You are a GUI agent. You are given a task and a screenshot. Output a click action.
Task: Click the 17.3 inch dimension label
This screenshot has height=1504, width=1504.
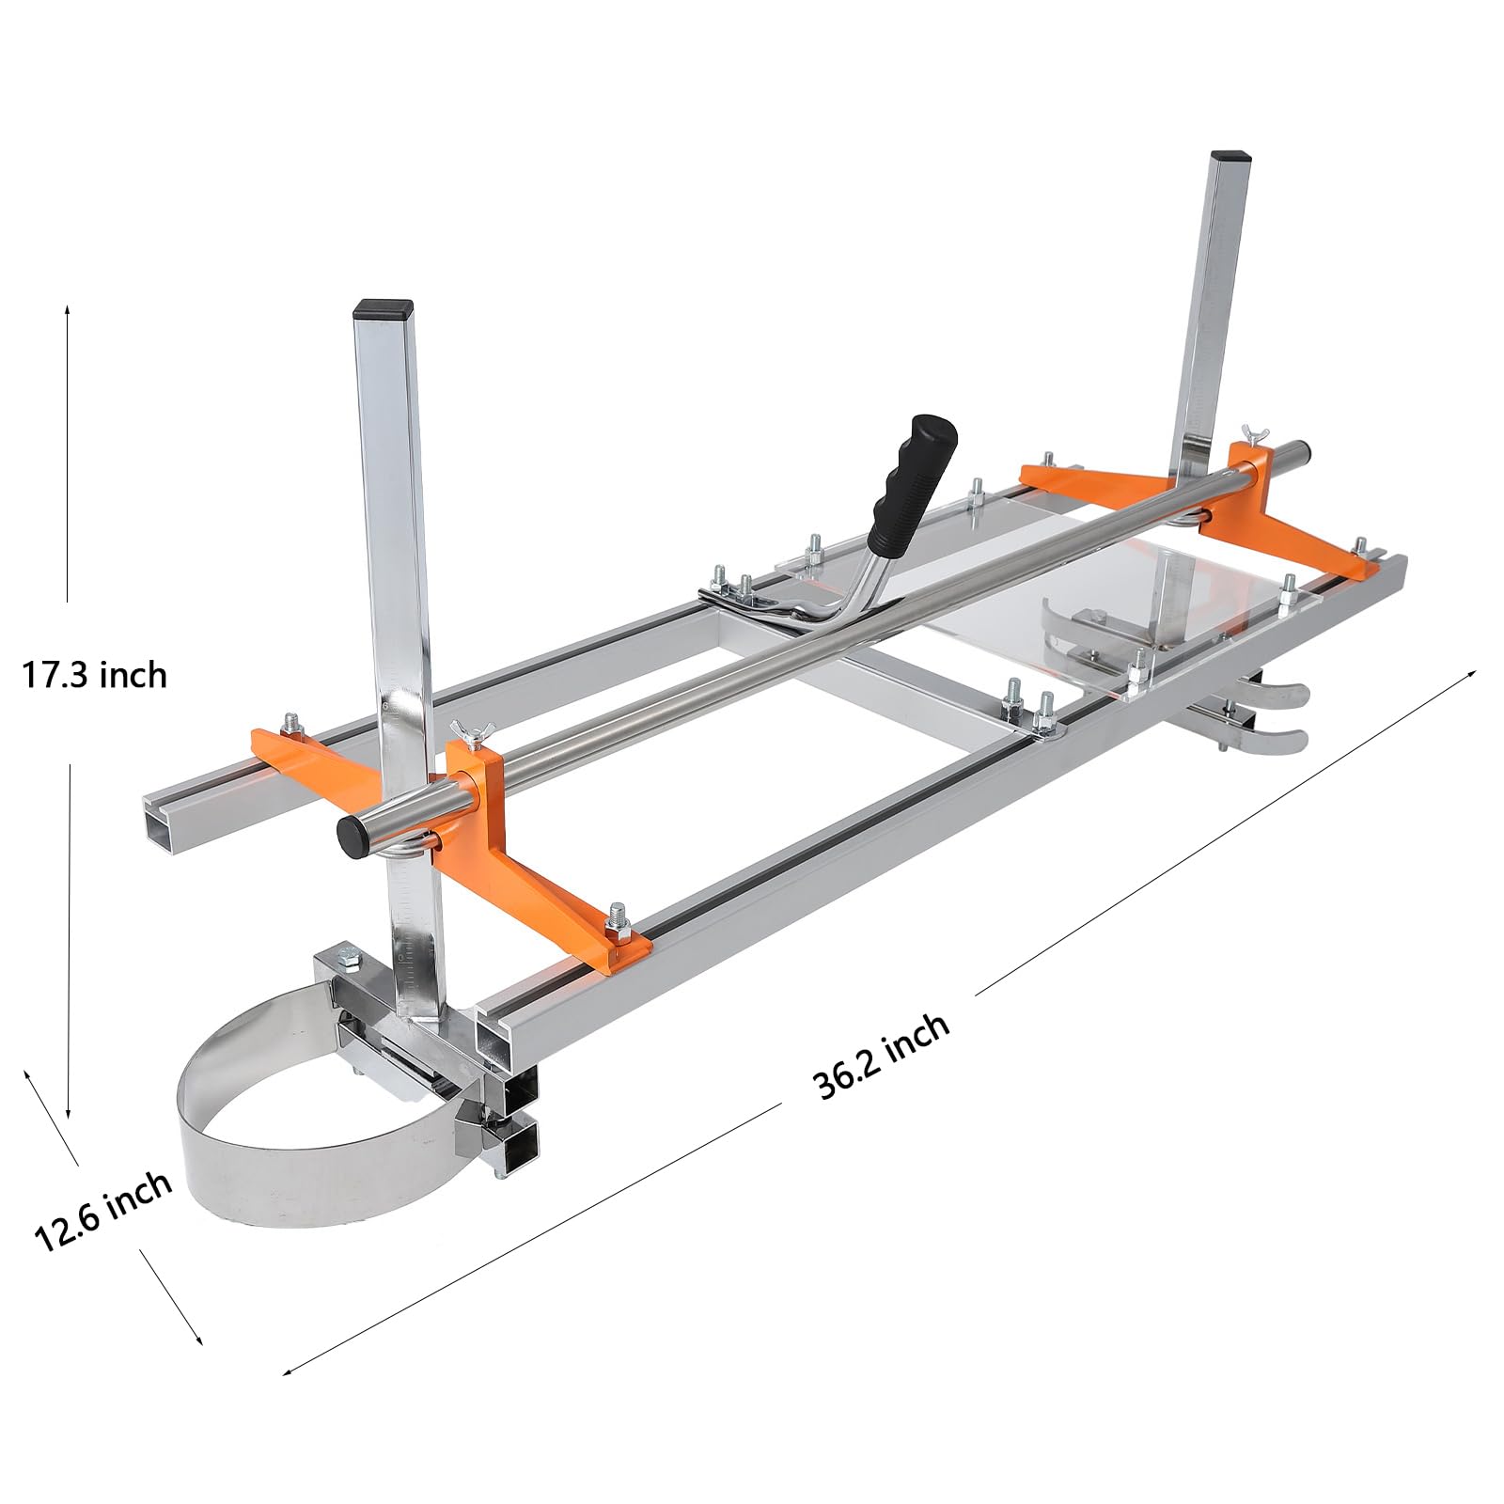coord(94,675)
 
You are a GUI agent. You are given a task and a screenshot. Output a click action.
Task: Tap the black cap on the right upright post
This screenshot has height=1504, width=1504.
coord(1229,156)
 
